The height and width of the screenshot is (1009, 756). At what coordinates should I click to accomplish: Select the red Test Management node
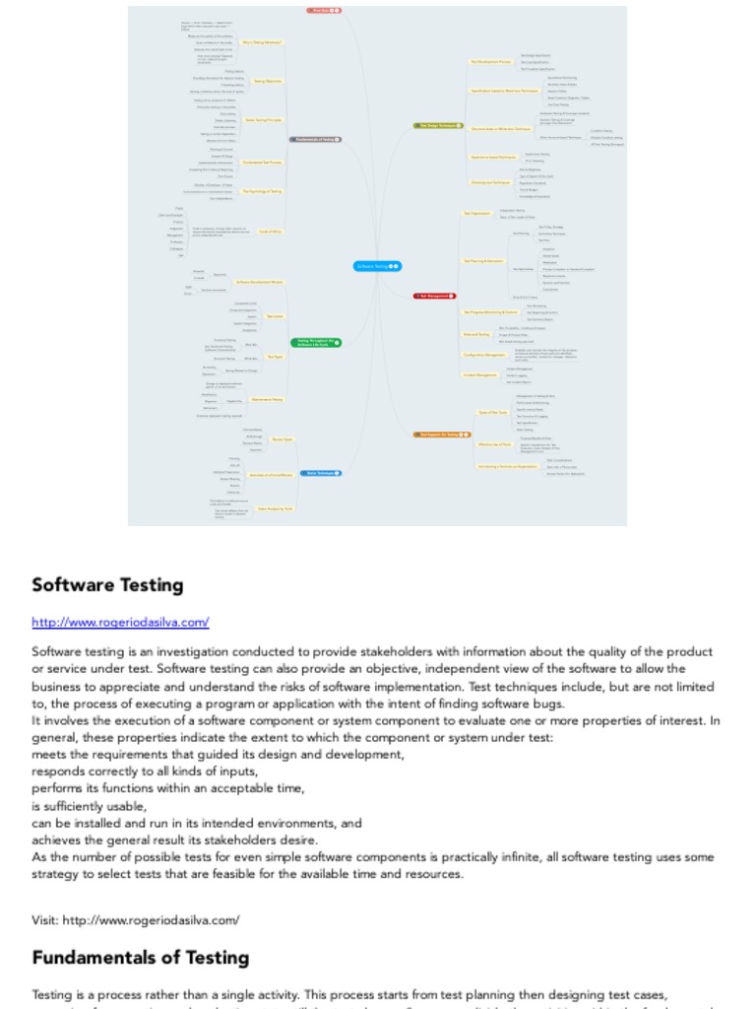[x=434, y=296]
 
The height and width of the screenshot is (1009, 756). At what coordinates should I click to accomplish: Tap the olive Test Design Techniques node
[x=438, y=125]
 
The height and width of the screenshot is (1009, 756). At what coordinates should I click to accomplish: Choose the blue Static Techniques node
[x=318, y=473]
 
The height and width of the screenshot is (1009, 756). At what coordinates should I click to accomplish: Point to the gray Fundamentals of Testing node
[x=315, y=140]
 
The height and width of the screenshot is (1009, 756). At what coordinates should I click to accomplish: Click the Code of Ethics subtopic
[x=271, y=231]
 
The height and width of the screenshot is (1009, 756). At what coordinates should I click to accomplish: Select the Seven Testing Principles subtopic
[x=264, y=120]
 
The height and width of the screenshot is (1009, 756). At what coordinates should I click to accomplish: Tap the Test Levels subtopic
[x=276, y=316]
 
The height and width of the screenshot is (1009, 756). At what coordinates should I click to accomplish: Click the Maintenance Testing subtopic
[x=267, y=399]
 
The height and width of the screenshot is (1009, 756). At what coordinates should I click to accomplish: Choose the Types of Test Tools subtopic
[x=491, y=412]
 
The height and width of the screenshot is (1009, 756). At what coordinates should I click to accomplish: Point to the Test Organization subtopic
[x=476, y=213]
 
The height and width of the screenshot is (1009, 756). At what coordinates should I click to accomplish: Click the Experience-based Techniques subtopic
[x=493, y=157]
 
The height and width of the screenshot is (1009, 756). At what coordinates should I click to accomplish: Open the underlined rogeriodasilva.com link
[x=120, y=622]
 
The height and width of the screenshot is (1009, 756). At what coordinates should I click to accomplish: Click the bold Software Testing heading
[x=107, y=585]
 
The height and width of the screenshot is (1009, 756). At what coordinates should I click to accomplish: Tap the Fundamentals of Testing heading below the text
[x=140, y=958]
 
